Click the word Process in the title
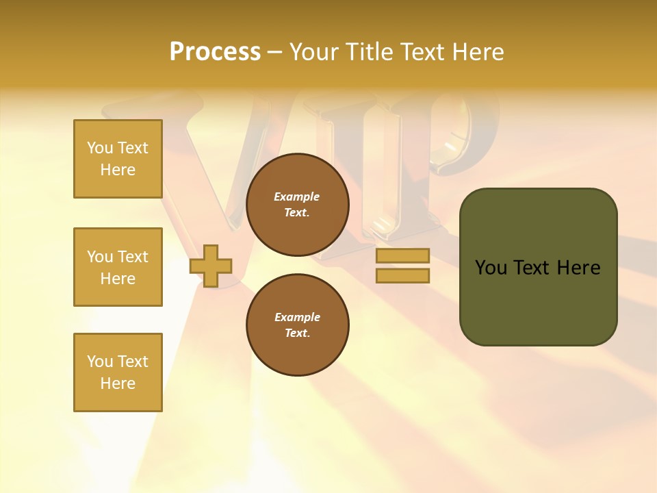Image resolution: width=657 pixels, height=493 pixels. coord(215,52)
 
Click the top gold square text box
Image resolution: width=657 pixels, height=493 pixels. coord(118,159)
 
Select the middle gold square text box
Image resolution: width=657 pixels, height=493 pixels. coord(118,267)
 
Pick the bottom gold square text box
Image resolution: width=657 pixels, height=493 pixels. coord(118,372)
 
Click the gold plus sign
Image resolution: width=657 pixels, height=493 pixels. coord(211,266)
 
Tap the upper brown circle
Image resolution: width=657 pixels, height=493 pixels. coord(297,204)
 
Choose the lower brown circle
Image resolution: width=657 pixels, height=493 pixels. coord(297,325)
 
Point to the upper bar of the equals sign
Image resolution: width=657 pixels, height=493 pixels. coord(402,256)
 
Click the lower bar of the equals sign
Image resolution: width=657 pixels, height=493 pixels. coord(402,276)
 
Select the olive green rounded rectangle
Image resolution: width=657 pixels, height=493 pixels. coord(538,266)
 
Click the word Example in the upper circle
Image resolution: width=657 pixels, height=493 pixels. coord(297,197)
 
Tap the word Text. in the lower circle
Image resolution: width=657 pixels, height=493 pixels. coord(297,333)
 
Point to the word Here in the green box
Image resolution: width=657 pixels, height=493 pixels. coord(578,268)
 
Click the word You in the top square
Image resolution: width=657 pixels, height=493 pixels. coord(100,148)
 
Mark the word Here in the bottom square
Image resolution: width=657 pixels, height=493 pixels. coord(118,383)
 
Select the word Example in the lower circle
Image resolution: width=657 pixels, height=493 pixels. coord(297,317)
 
